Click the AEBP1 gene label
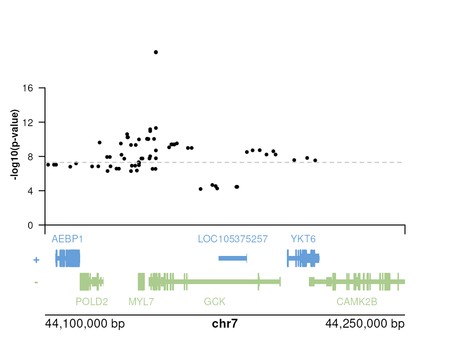coord(67,239)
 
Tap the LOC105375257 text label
coord(232,239)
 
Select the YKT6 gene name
coord(303,239)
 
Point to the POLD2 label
coord(91,302)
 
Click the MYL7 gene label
coord(141,302)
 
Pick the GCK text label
coord(215,302)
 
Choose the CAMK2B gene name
coord(357,302)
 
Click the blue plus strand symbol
coord(36,260)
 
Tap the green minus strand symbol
coord(36,283)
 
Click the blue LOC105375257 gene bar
coord(232,258)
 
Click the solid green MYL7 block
coord(141,282)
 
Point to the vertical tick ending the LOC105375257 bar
coord(247,258)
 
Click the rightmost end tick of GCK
coord(280,282)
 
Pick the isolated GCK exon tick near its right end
coord(258,282)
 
